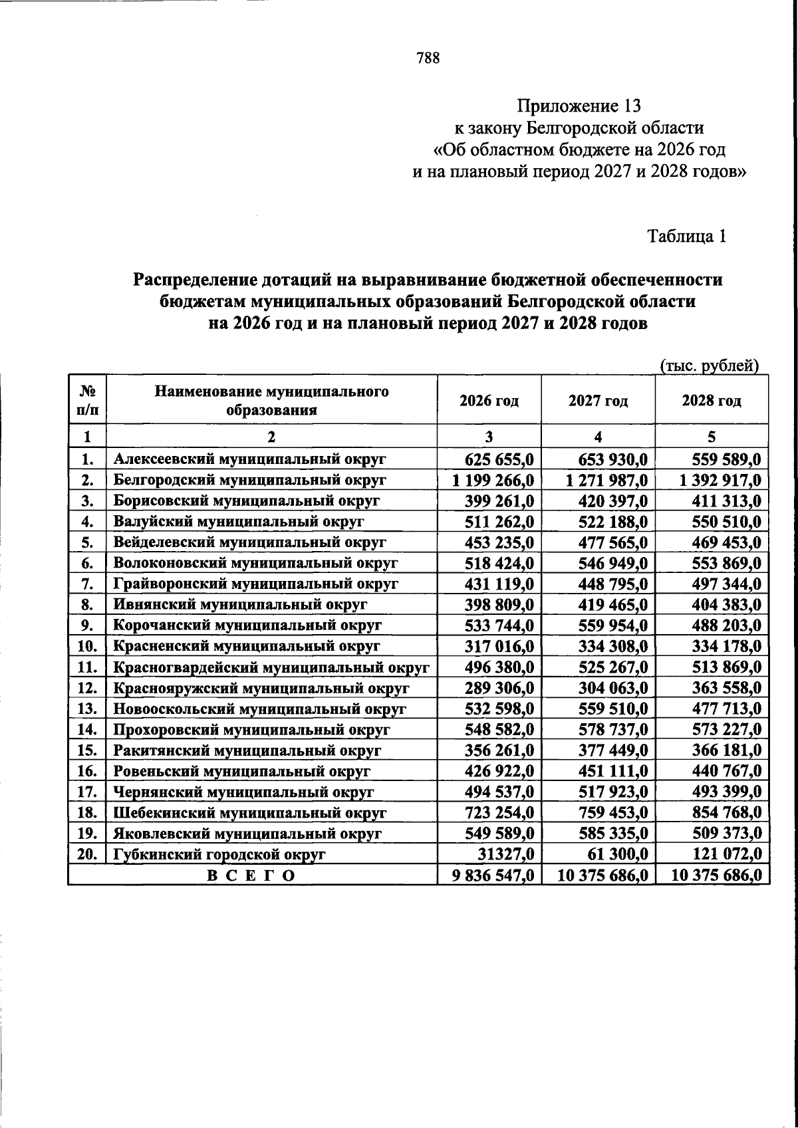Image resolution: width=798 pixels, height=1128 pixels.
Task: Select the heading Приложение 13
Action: [579, 106]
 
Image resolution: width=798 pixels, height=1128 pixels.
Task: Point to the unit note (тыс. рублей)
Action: [709, 366]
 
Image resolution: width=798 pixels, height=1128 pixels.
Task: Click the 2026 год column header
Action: [489, 401]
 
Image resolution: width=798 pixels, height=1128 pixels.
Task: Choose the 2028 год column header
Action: [712, 401]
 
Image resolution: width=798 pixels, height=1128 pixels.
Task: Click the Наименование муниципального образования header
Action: [271, 401]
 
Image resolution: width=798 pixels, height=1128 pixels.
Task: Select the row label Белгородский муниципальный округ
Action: [250, 480]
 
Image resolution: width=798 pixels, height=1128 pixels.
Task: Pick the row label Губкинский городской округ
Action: [219, 855]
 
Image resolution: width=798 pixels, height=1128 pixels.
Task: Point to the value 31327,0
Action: [511, 855]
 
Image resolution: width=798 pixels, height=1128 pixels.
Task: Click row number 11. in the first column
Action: [88, 667]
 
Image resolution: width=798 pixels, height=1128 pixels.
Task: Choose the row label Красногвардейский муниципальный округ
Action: [271, 667]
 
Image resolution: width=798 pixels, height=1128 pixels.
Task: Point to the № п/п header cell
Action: [88, 401]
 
